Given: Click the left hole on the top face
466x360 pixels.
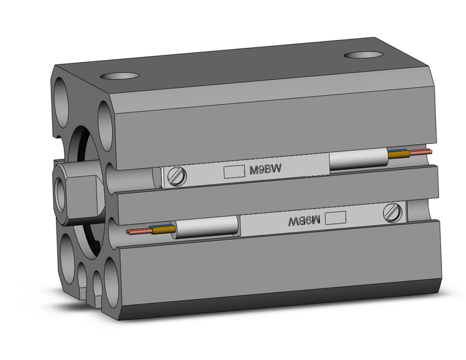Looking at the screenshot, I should pos(119,76).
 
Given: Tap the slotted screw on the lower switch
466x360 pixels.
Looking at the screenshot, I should pos(392,213).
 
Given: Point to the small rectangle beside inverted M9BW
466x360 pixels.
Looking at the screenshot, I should pos(335,216).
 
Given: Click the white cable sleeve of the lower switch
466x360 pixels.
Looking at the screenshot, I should pos(205,227).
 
